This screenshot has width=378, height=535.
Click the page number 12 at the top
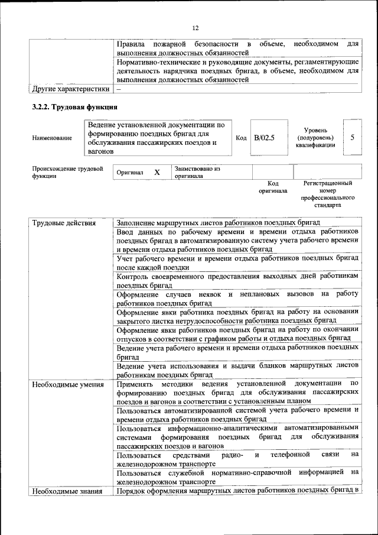(x=195, y=28)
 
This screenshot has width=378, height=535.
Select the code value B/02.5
(x=265, y=138)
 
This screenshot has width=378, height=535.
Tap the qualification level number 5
(x=352, y=137)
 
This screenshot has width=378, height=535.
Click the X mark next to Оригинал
(x=157, y=172)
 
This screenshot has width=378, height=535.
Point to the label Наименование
(x=53, y=138)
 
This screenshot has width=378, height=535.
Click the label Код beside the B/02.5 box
(x=241, y=138)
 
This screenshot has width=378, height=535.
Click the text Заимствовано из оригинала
(x=197, y=172)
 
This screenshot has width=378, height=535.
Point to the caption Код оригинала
(x=272, y=187)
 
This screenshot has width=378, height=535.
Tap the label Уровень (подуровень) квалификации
(x=320, y=138)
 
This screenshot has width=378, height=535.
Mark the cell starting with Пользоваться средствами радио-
(x=237, y=459)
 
